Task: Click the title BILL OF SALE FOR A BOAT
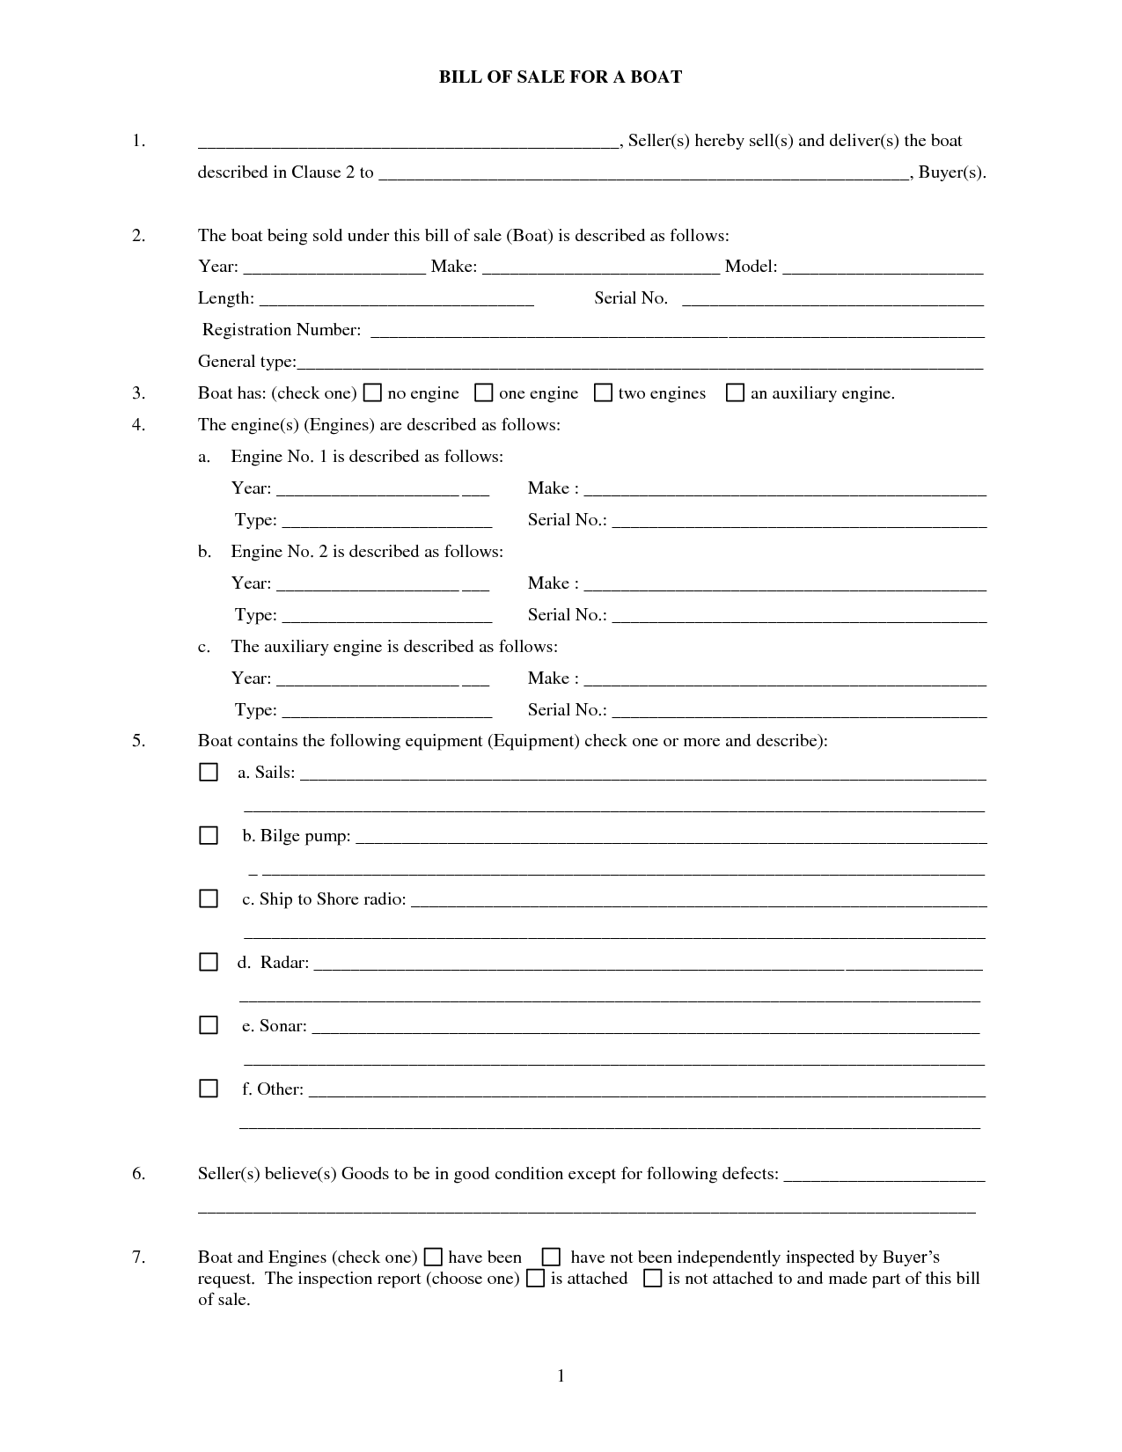(x=561, y=77)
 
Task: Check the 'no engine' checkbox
(x=373, y=392)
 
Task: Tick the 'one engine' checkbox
(x=484, y=392)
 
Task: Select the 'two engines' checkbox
(x=603, y=392)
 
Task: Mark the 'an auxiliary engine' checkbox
(x=735, y=392)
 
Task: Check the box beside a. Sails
(x=209, y=772)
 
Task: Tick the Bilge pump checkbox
(x=209, y=835)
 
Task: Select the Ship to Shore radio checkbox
(x=209, y=898)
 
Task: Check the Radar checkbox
(x=209, y=962)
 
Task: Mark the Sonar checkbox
(x=209, y=1025)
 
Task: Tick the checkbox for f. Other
(x=209, y=1089)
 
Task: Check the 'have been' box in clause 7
(x=434, y=1257)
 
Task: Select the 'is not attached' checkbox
(x=652, y=1278)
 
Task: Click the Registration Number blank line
(x=677, y=331)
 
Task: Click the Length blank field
(x=397, y=299)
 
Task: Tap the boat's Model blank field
(x=883, y=268)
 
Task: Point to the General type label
(x=246, y=362)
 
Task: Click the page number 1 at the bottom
(x=561, y=1375)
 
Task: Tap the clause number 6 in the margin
(x=138, y=1173)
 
